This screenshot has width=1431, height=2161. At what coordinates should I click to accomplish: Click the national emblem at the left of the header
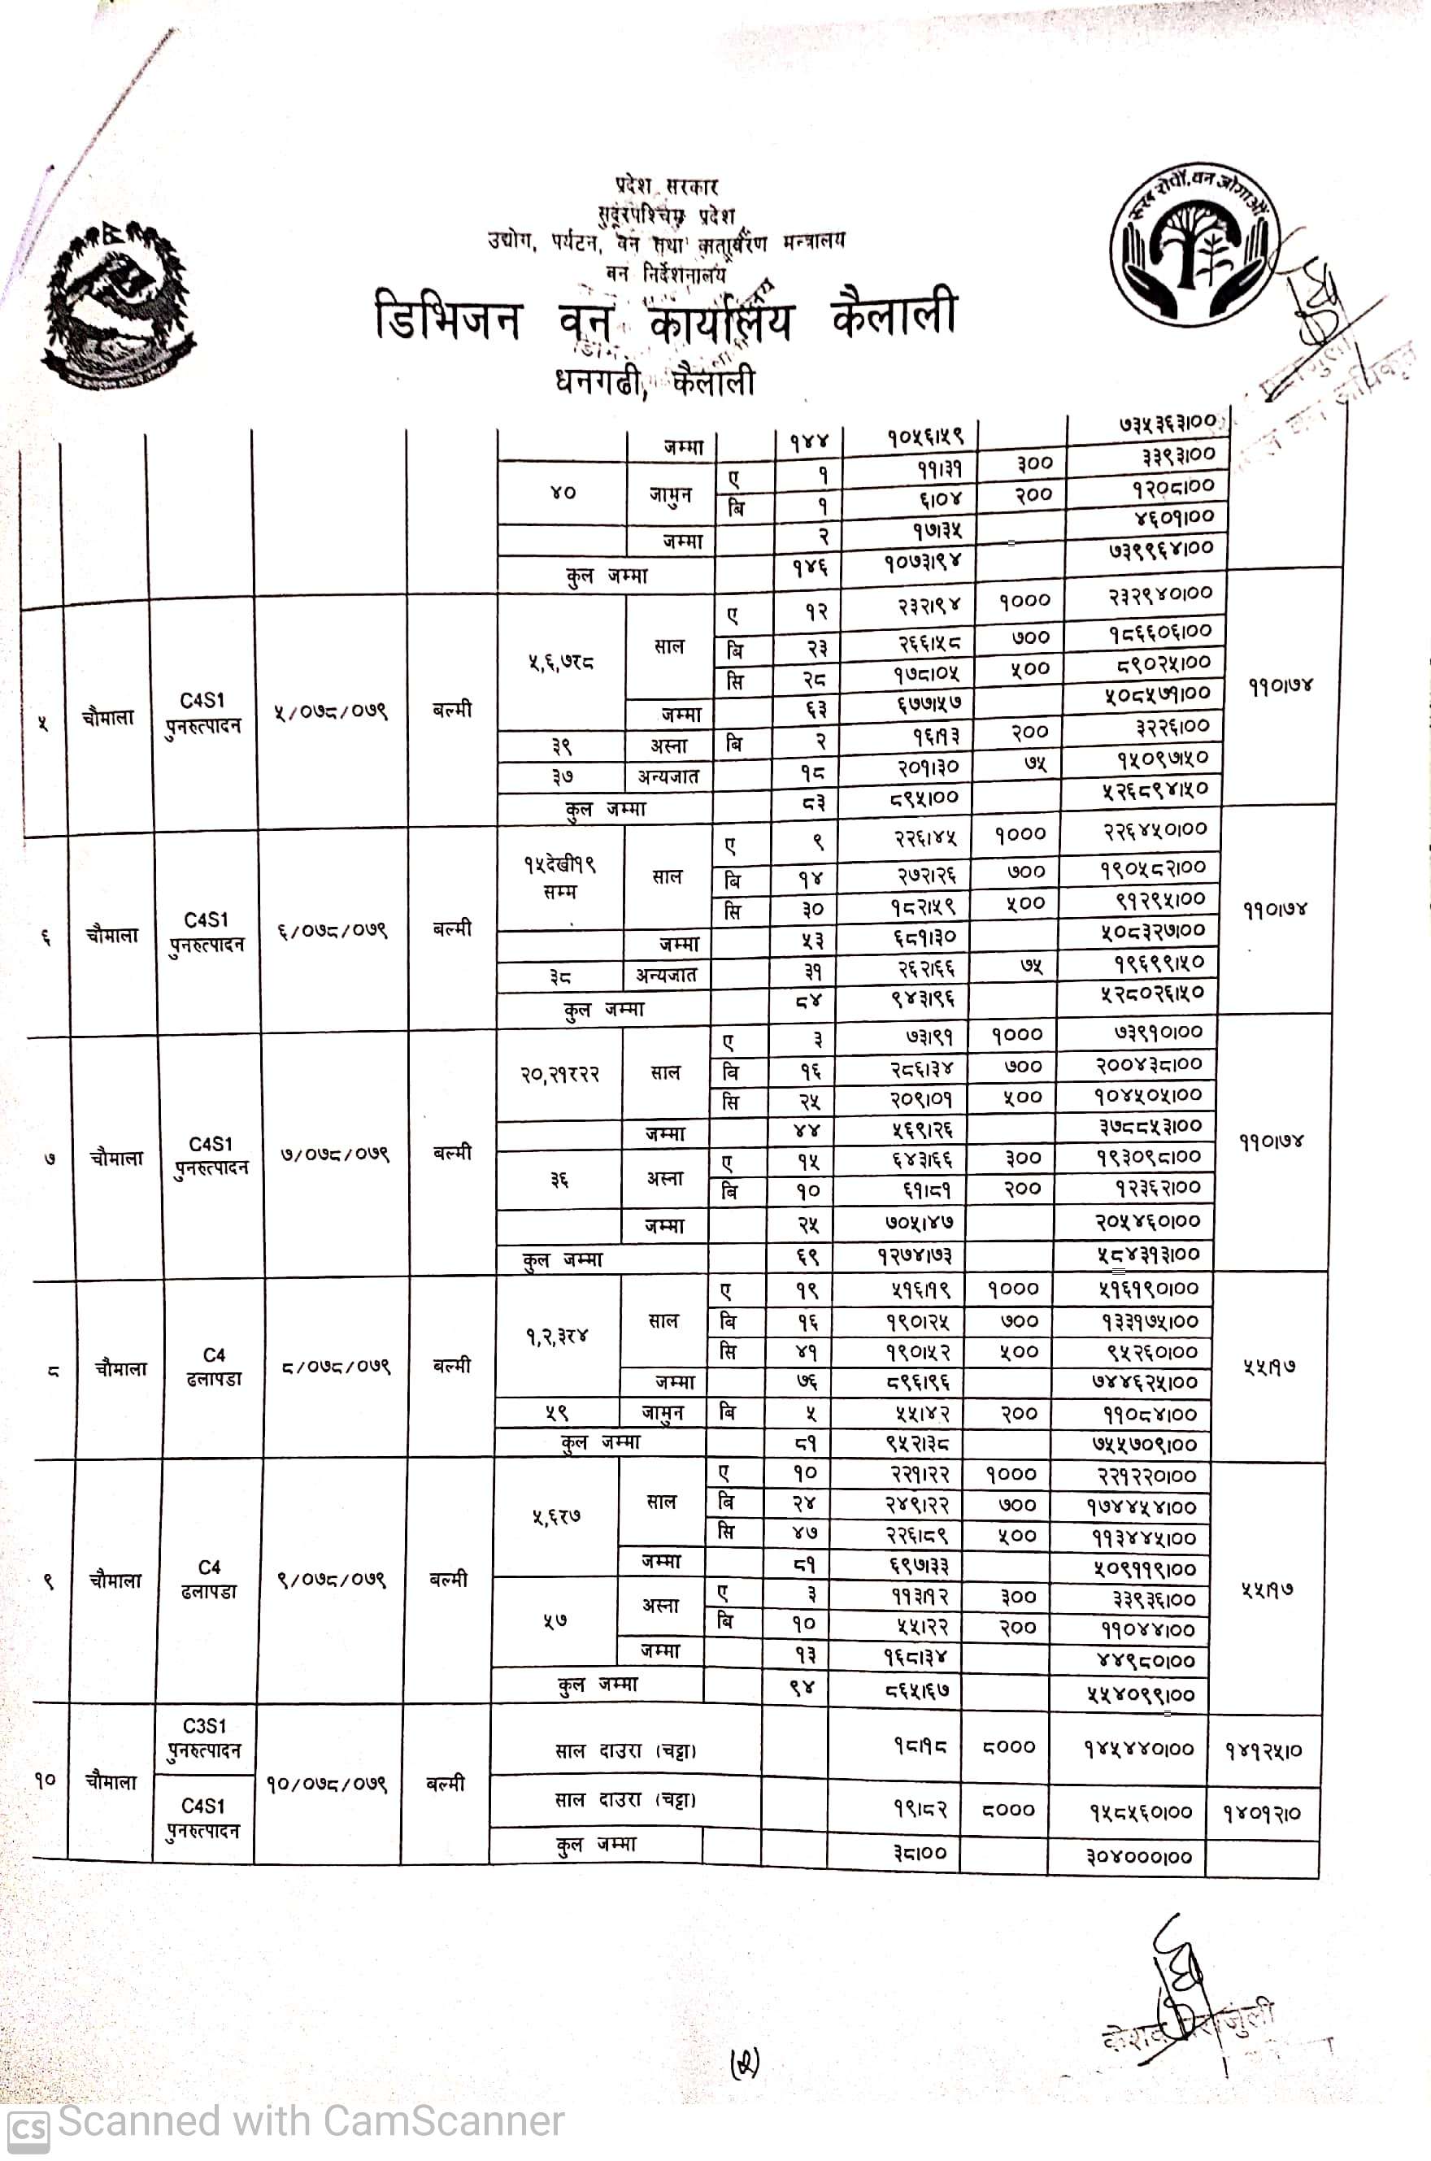119,304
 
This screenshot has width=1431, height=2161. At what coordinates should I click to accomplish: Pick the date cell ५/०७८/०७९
330,711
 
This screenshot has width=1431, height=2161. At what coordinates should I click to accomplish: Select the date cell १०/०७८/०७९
328,1784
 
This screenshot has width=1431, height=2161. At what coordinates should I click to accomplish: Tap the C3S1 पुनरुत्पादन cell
203,1739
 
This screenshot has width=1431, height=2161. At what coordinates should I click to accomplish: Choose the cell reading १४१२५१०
1263,1750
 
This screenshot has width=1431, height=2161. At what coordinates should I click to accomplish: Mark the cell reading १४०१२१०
1262,1813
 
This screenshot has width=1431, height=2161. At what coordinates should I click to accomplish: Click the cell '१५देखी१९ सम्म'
559,877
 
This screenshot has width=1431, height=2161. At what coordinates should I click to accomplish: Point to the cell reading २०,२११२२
559,1075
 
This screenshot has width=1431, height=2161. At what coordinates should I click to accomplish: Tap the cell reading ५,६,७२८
560,662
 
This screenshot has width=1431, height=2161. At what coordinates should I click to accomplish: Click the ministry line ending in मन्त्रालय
665,243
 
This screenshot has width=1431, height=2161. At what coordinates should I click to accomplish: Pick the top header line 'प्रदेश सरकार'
666,186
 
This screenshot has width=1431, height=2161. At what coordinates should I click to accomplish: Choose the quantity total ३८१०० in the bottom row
919,1854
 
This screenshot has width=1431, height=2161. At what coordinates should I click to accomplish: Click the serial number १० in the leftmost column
46,1779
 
